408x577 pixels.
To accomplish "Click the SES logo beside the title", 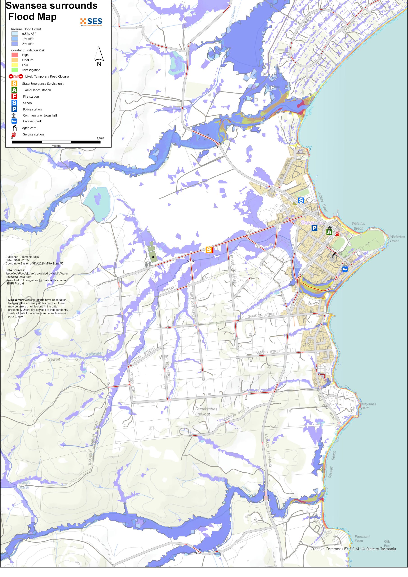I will (91, 22).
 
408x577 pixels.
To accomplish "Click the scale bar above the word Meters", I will (56, 142).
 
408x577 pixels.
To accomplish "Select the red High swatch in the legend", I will (15, 55).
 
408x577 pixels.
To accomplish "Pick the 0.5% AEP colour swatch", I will (15, 34).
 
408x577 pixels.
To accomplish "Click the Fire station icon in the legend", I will (14, 96).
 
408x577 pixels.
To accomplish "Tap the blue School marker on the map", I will (301, 200).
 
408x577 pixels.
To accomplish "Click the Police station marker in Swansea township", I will (314, 228).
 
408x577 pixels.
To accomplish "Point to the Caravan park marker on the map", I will (345, 269).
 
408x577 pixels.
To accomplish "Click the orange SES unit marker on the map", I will (209, 250).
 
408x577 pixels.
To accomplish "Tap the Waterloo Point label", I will (397, 238).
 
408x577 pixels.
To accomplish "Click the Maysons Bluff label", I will (368, 406).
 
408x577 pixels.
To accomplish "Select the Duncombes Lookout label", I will (206, 411).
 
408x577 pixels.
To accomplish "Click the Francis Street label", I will (268, 352).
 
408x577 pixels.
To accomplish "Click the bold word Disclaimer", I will (16, 300).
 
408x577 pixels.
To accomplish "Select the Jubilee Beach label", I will (323, 203).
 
